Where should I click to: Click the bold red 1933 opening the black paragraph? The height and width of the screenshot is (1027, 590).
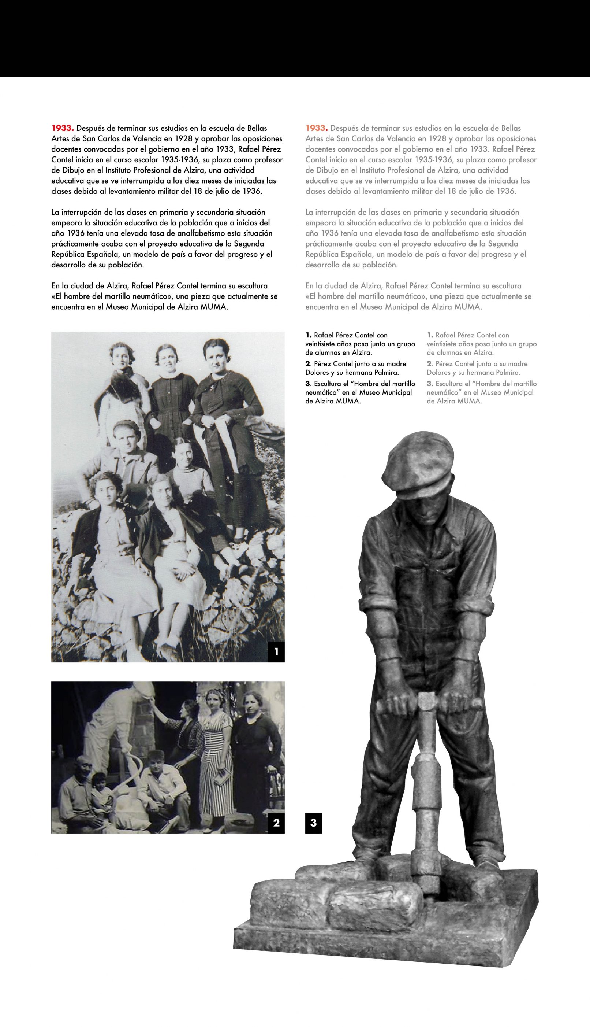(x=62, y=128)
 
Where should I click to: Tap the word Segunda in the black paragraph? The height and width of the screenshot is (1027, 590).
(x=250, y=244)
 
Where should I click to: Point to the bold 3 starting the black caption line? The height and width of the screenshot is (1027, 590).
(x=307, y=383)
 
